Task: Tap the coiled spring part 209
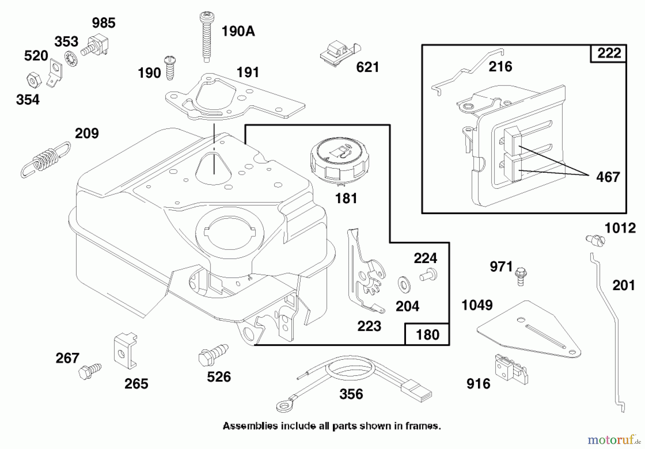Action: point(46,159)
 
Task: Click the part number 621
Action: point(367,67)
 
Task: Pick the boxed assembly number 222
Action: point(609,53)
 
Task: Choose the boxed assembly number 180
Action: point(427,335)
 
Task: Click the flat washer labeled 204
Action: point(404,284)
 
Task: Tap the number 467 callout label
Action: point(608,177)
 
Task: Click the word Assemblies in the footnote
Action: point(250,426)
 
